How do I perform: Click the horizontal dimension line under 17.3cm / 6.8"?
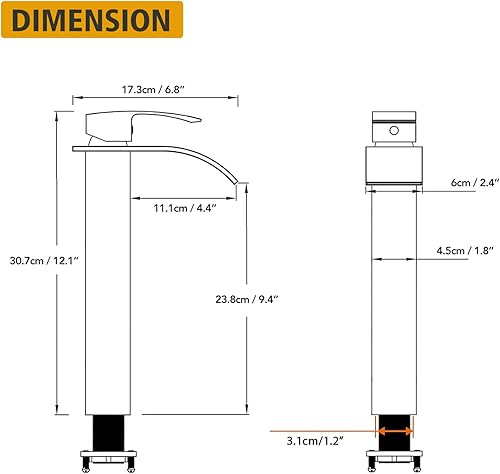point(158,99)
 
